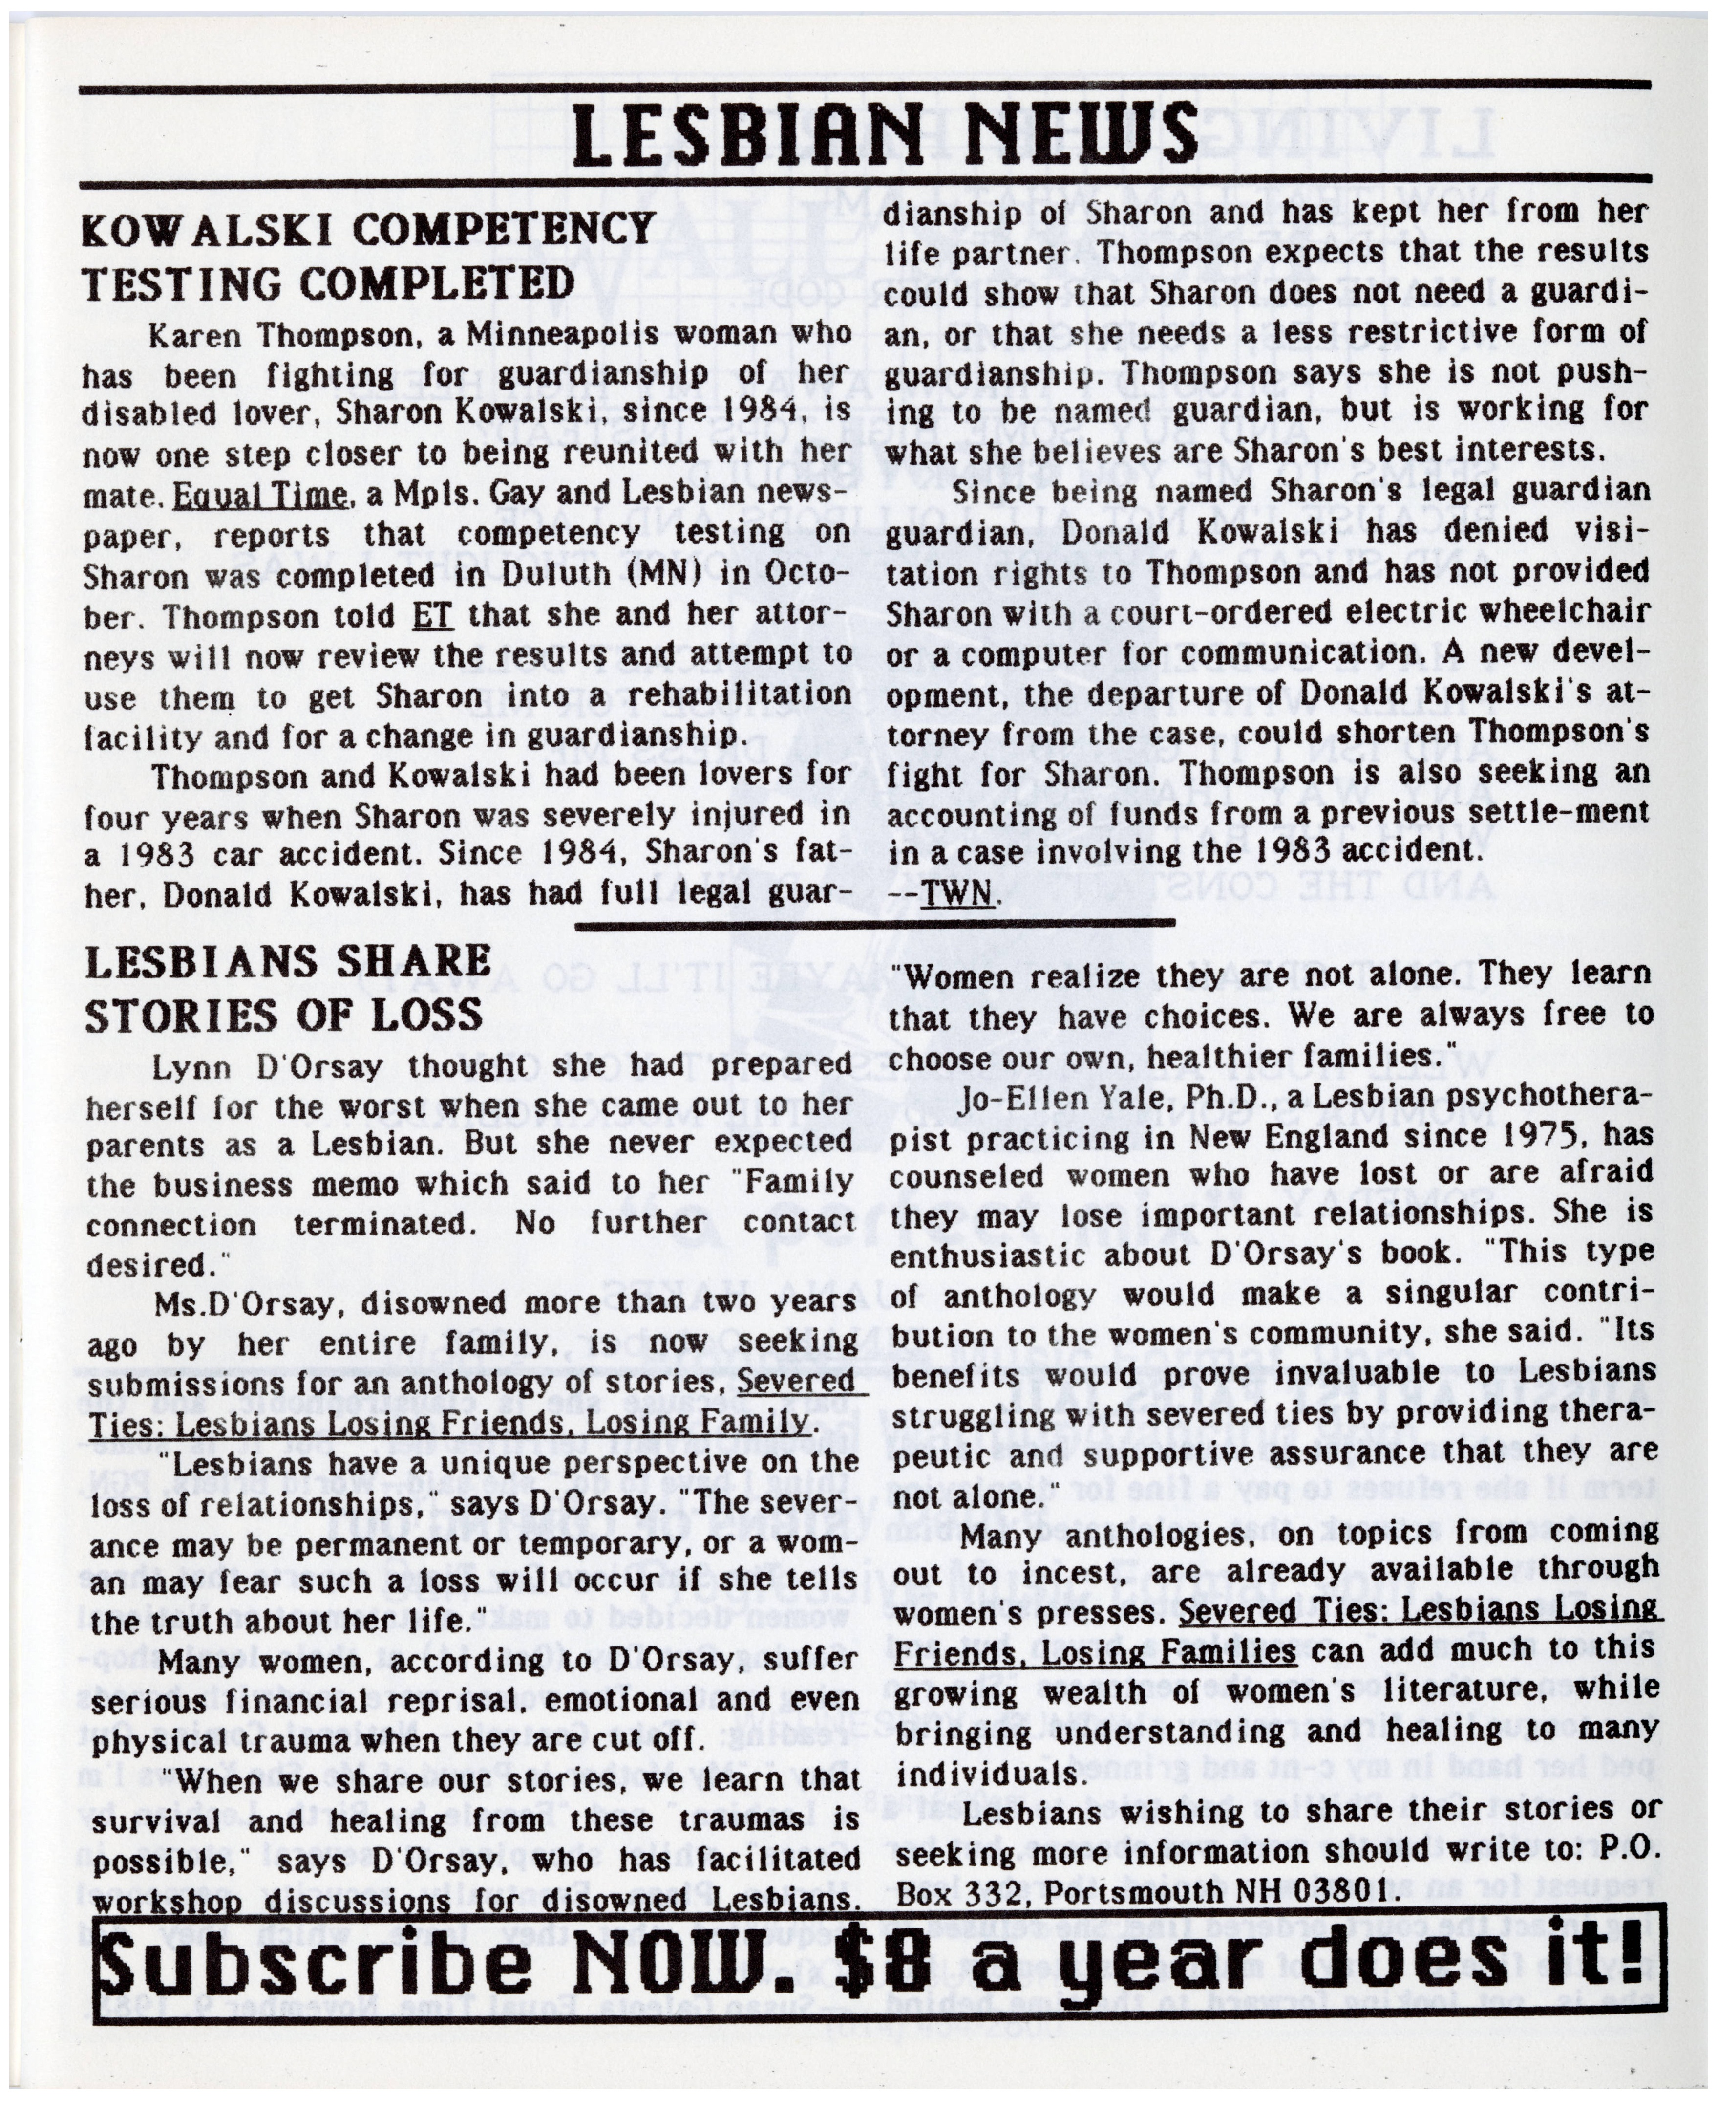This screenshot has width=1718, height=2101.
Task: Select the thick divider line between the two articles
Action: (874, 924)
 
